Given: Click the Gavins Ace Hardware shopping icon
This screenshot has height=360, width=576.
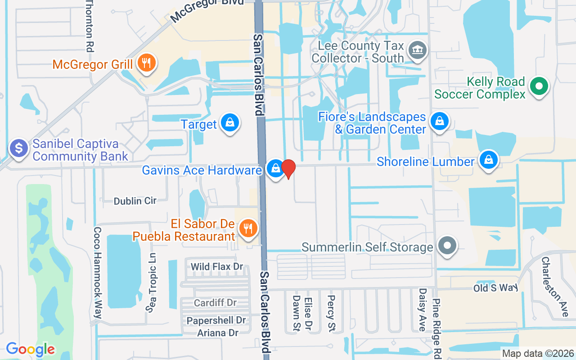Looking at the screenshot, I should (x=275, y=169).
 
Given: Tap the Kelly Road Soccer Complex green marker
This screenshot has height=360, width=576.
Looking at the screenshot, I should (x=538, y=86).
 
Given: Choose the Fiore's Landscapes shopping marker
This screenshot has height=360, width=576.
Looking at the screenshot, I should (x=439, y=121).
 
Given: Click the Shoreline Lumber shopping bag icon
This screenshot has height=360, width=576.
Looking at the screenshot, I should (x=488, y=160).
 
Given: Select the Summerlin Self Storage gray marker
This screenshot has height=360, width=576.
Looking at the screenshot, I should (x=447, y=246).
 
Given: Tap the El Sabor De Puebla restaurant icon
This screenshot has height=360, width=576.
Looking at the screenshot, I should (x=247, y=228).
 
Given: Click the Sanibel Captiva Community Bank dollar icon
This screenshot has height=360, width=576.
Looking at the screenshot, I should (x=19, y=148).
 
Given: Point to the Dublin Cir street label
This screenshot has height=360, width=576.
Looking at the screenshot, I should (x=135, y=201).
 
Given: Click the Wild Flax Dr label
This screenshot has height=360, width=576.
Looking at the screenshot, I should (x=217, y=267).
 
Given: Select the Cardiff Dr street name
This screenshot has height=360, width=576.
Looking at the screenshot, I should (x=215, y=303).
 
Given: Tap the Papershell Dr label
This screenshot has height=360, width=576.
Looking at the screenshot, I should (x=217, y=320).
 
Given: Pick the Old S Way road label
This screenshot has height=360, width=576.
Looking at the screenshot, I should (x=495, y=288).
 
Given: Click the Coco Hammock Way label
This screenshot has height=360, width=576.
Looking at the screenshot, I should (x=97, y=273).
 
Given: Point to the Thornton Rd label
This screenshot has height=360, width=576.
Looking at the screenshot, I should (x=90, y=25).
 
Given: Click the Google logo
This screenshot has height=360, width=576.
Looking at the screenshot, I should (x=30, y=349).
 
